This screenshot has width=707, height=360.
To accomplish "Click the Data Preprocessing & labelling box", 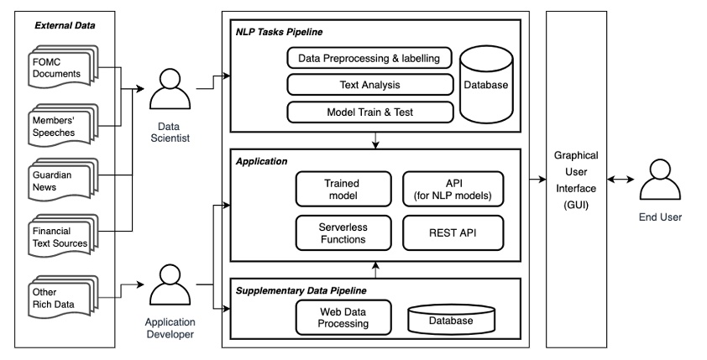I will pos(369,58).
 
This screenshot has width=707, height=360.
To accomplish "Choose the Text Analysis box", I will pos(369,85).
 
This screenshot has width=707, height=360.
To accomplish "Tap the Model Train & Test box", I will pos(369,112).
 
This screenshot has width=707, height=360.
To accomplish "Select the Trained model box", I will pos(342,188).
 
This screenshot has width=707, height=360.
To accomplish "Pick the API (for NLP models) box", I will pos(453,188).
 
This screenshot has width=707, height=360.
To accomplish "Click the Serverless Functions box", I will pos(342,232).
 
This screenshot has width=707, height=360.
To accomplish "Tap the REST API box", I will pos(453,232).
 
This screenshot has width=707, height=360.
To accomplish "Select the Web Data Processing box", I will pos(342,317).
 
